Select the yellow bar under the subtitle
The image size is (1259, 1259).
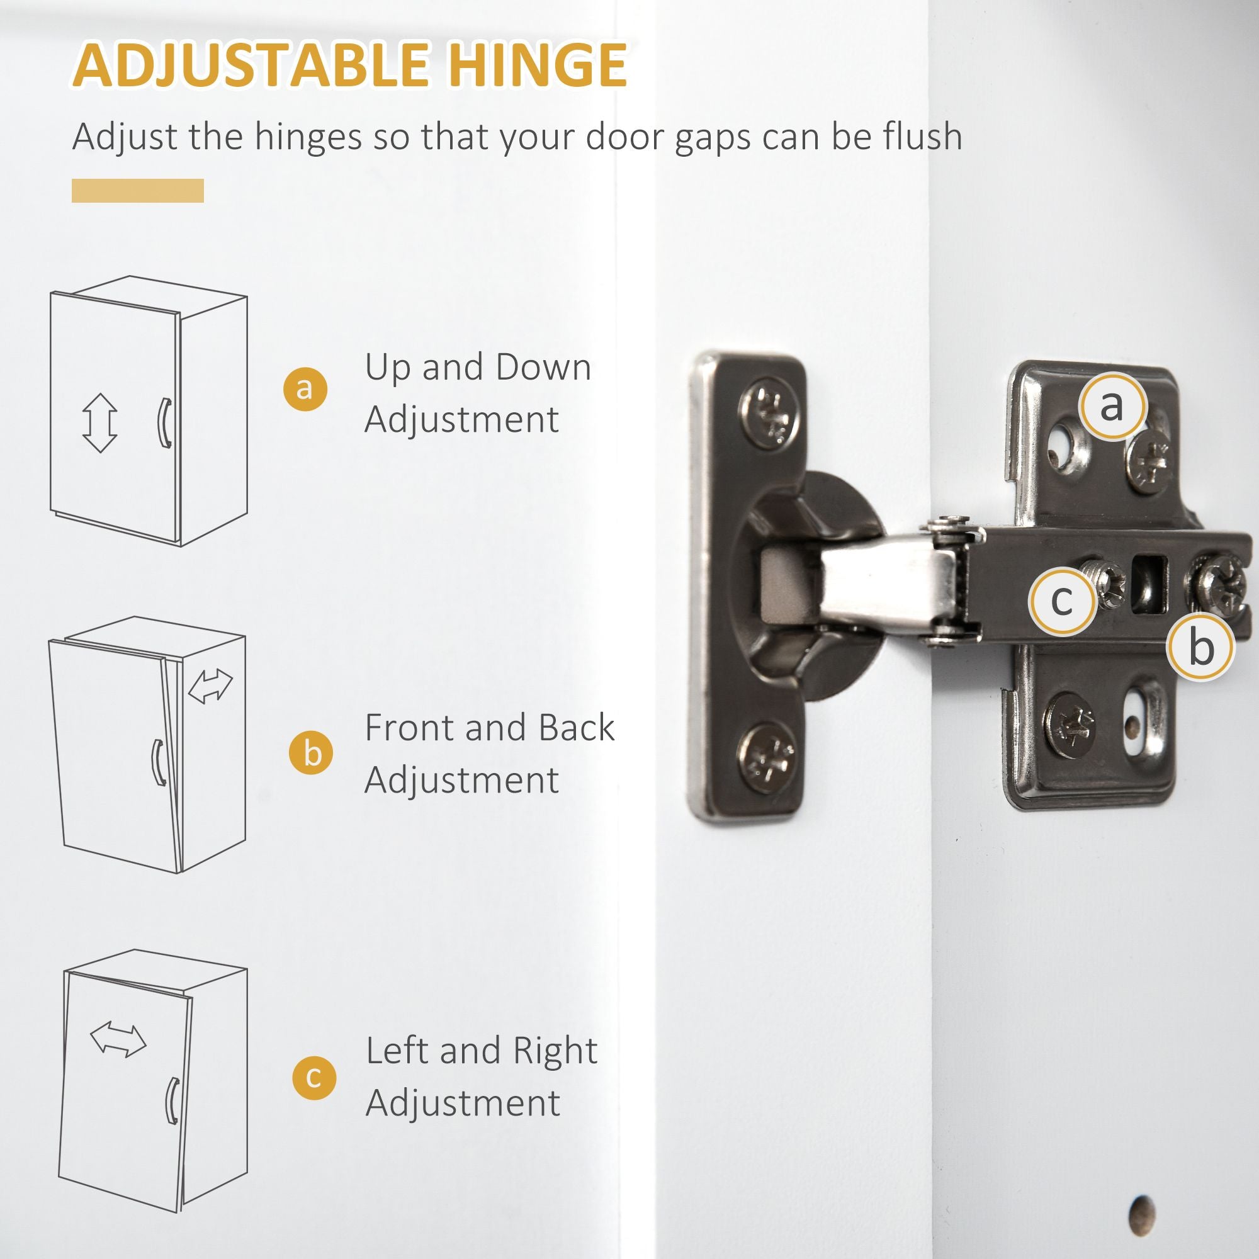click(x=137, y=190)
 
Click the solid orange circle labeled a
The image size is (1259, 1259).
click(x=305, y=389)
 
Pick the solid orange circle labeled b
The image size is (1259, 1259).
click(x=312, y=753)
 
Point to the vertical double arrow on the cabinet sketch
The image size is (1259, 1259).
click(x=99, y=423)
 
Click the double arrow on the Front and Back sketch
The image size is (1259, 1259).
click(x=210, y=686)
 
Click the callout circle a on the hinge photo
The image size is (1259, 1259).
click(x=1112, y=406)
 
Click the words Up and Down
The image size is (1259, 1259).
click(x=478, y=367)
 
